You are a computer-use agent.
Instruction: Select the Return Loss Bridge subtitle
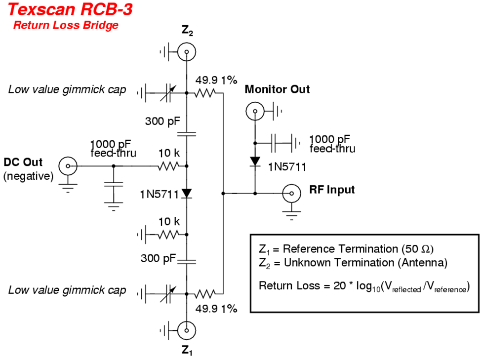pos(66,25)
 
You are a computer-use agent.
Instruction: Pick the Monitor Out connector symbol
pos(254,112)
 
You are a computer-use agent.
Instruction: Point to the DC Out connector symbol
pos(67,166)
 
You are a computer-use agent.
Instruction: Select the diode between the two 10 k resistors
pos(187,194)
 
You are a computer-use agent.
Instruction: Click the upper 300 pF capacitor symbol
pos(187,133)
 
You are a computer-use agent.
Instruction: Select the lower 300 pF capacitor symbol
pos(187,260)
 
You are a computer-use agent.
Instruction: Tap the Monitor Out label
pos(277,89)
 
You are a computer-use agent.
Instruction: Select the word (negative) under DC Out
pos(28,176)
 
